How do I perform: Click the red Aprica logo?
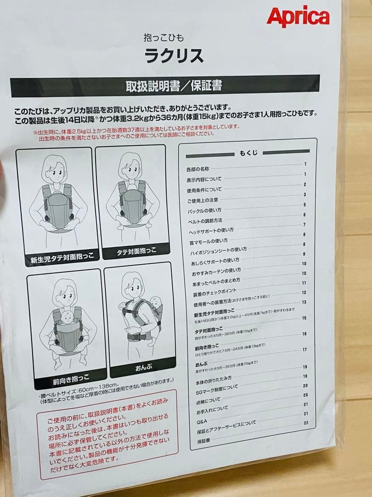(x=298, y=17)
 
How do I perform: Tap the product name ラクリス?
(x=174, y=56)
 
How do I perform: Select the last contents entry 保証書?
(x=203, y=440)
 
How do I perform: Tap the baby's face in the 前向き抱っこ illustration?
(x=67, y=317)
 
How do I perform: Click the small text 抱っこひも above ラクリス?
(x=163, y=38)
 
